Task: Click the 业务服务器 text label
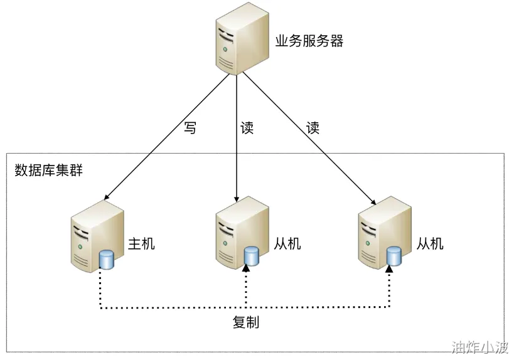[309, 41]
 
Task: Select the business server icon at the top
[242, 39]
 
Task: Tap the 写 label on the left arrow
[190, 128]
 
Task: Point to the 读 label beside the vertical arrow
[247, 128]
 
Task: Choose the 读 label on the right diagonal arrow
[313, 128]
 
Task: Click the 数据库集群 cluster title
[48, 171]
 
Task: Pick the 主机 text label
[141, 244]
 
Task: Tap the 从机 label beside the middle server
[287, 244]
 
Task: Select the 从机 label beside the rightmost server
[430, 244]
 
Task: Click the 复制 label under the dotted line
[246, 322]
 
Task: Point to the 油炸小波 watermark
[480, 347]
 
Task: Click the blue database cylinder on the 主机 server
[106, 260]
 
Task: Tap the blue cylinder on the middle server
[252, 256]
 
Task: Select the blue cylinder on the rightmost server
[394, 256]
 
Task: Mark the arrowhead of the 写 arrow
[106, 197]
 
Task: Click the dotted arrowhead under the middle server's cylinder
[246, 268]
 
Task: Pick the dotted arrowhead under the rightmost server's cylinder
[389, 268]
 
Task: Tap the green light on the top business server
[225, 50]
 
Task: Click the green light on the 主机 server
[80, 246]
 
